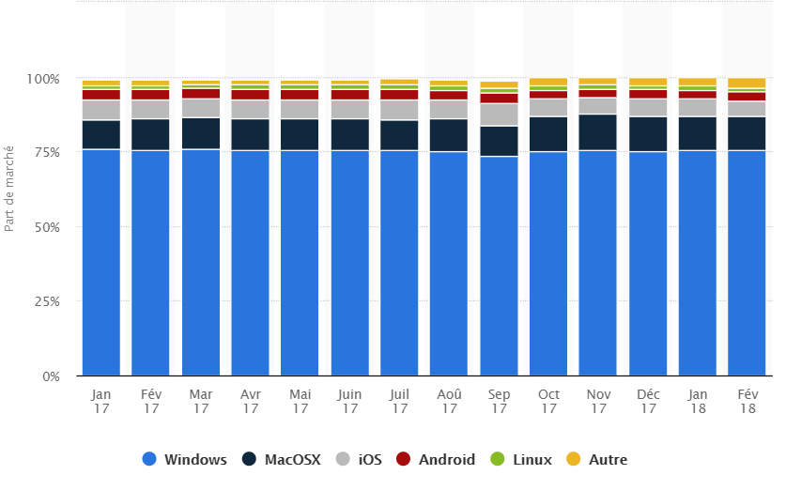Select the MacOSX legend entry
(x=282, y=459)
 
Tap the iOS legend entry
(x=361, y=459)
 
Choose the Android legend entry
(x=435, y=459)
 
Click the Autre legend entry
(x=597, y=459)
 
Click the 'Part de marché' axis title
(x=9, y=187)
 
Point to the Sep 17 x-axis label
(x=499, y=402)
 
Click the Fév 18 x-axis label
(x=747, y=402)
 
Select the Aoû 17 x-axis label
(x=449, y=402)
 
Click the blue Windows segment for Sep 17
(x=499, y=268)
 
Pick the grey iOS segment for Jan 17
(x=101, y=110)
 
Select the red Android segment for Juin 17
(x=349, y=95)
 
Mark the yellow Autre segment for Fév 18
(x=747, y=84)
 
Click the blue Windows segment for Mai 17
(x=300, y=263)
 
